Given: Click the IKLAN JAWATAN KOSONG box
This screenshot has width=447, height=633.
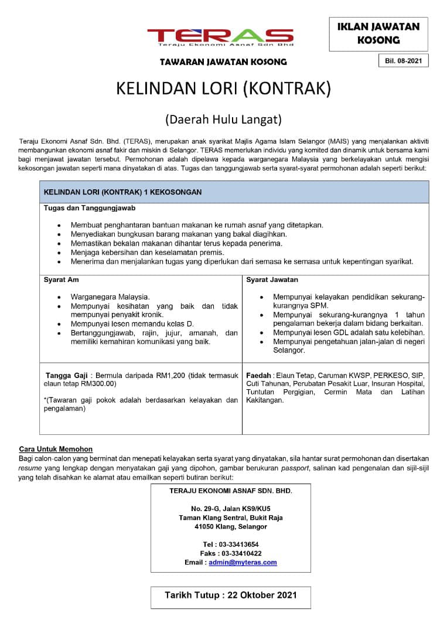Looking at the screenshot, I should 378,33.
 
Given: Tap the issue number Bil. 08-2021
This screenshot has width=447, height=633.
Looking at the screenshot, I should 403,60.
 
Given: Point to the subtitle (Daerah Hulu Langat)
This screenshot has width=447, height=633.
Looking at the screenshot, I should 223,120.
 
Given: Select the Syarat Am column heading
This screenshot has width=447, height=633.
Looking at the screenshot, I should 61,280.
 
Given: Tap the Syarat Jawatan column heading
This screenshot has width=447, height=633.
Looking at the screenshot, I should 272,280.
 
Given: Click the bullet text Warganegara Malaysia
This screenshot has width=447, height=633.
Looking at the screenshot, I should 110,297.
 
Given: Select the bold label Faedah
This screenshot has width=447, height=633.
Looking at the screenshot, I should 258,375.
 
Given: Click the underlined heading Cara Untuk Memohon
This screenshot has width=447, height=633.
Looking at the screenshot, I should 56,449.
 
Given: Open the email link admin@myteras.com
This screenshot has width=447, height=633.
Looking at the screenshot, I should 243,562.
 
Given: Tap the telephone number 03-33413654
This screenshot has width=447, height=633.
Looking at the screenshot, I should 239,544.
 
